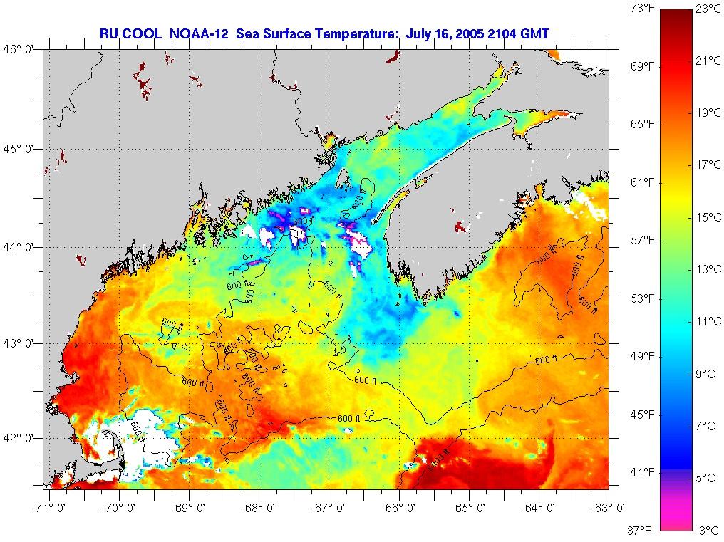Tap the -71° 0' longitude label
(x=48, y=508)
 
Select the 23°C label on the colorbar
(x=708, y=9)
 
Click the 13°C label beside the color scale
(x=708, y=269)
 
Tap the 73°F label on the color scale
(x=643, y=9)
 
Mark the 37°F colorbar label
(x=643, y=530)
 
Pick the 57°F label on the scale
(x=643, y=241)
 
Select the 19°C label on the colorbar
(x=708, y=113)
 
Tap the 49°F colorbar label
(x=643, y=356)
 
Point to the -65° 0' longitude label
(x=470, y=508)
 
